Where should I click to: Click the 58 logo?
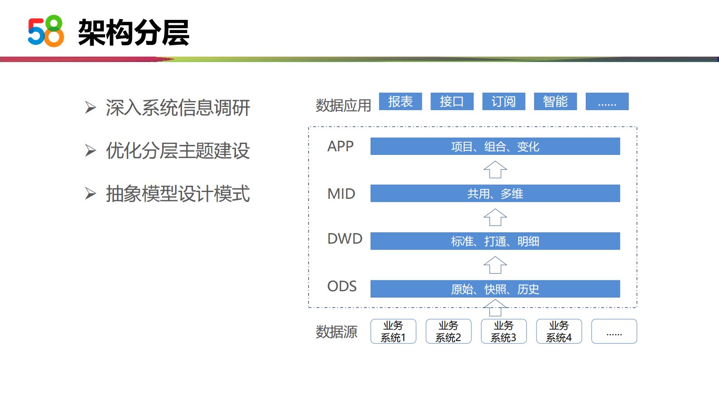pos(46,31)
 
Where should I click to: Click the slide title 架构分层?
pos(133,33)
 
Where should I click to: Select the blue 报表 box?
pos(400,101)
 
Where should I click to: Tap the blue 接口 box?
pos(452,101)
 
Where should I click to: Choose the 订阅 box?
pos(503,101)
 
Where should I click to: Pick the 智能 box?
pos(555,101)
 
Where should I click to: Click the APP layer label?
pos(340,146)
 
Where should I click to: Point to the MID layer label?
pos(341,194)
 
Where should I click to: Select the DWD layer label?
pos(345,239)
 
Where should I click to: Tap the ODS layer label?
pos(342,286)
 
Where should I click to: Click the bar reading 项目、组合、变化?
pos(495,146)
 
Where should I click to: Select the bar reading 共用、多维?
pos(495,193)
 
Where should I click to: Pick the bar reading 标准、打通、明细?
pos(495,241)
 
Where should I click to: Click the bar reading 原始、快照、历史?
pos(495,289)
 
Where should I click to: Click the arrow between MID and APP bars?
pos(495,170)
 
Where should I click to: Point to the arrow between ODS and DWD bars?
pos(495,265)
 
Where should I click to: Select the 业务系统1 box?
pos(393,332)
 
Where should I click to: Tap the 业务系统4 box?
pos(559,332)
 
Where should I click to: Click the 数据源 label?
pos(336,332)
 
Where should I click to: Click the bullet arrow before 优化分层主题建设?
pos(91,150)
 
